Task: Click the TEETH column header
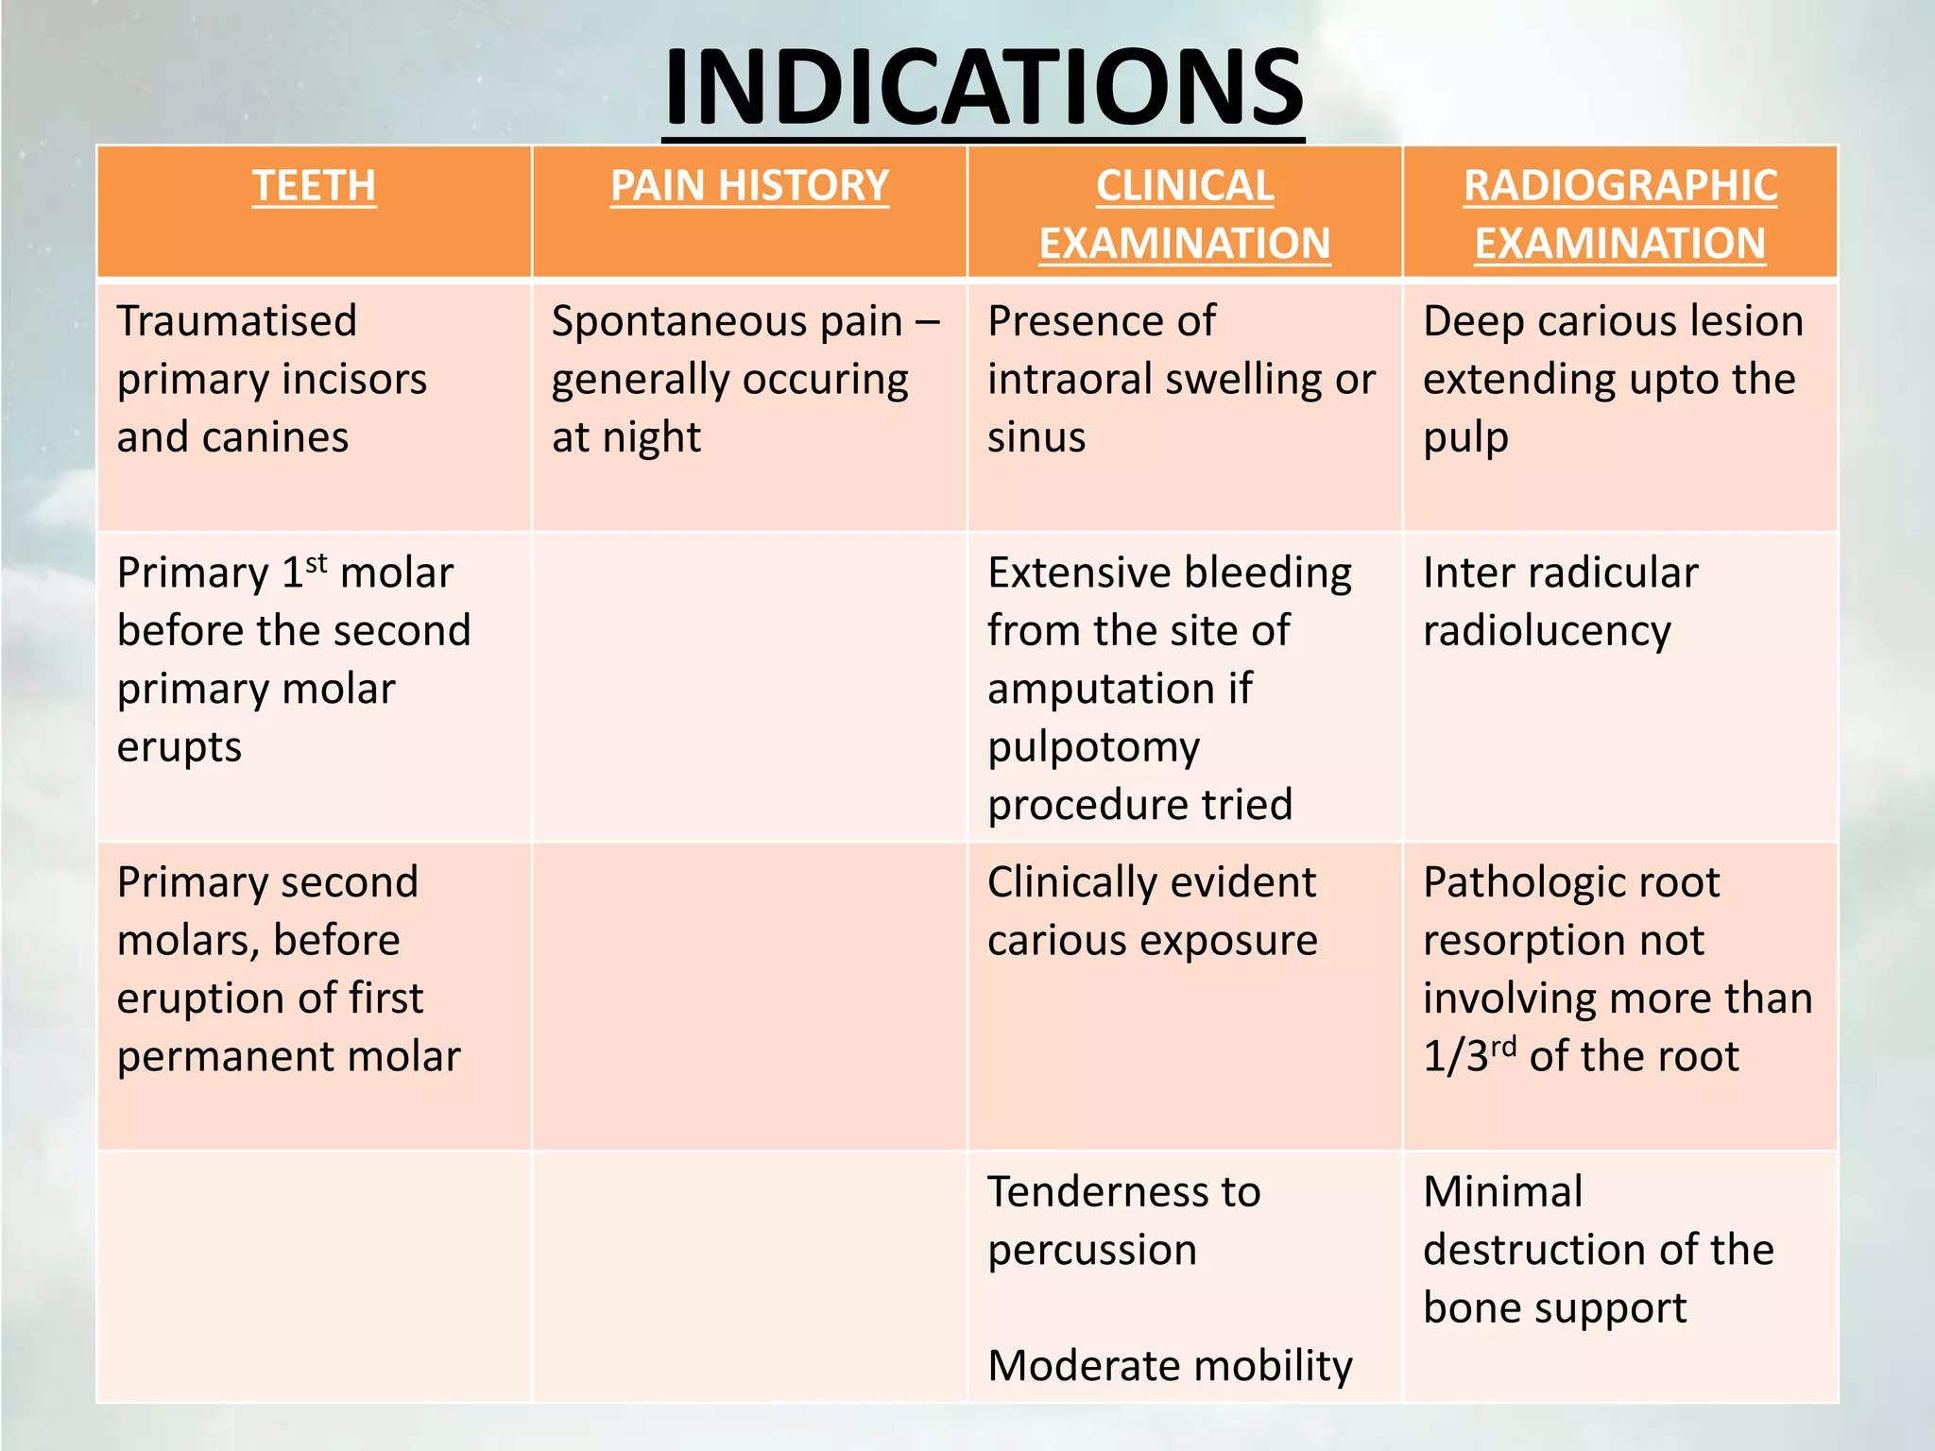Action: [x=314, y=185]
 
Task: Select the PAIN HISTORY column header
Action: [x=749, y=185]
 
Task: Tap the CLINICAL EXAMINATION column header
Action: [x=1185, y=214]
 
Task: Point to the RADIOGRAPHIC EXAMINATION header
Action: [x=1620, y=214]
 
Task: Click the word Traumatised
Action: [x=237, y=321]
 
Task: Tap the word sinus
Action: [x=1036, y=437]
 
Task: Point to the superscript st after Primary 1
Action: [x=317, y=564]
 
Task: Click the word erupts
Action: [x=180, y=747]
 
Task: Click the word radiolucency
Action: [x=1547, y=632]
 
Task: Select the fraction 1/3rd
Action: [x=1469, y=1055]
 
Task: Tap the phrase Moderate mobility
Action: [x=1170, y=1366]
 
